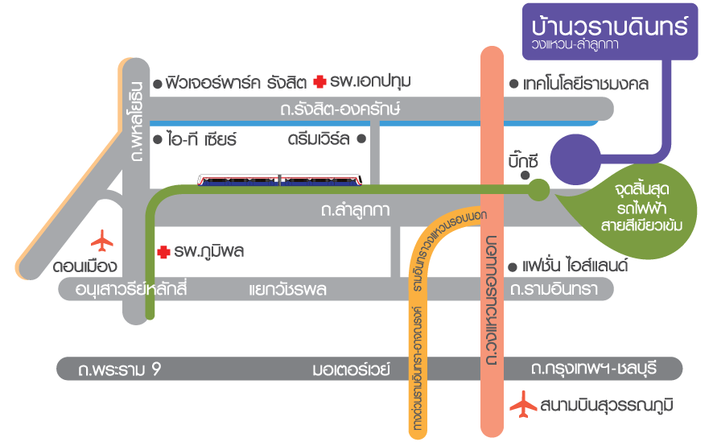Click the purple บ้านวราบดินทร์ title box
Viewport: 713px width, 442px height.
click(x=609, y=31)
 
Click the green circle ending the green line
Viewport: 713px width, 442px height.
click(x=538, y=189)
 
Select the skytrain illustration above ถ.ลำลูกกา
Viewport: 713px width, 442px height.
click(x=280, y=179)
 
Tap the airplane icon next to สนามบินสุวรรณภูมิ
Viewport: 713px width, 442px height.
click(x=524, y=403)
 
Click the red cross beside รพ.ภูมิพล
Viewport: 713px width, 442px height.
click(x=163, y=252)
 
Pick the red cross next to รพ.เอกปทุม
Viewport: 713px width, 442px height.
click(x=320, y=82)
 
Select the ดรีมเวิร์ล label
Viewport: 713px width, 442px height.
click(x=319, y=138)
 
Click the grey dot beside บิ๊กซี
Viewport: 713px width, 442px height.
click(x=525, y=175)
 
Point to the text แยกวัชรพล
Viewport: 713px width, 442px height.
click(x=287, y=290)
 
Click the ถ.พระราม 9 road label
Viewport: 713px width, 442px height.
click(x=121, y=370)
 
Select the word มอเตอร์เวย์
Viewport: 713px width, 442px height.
click(x=351, y=370)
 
